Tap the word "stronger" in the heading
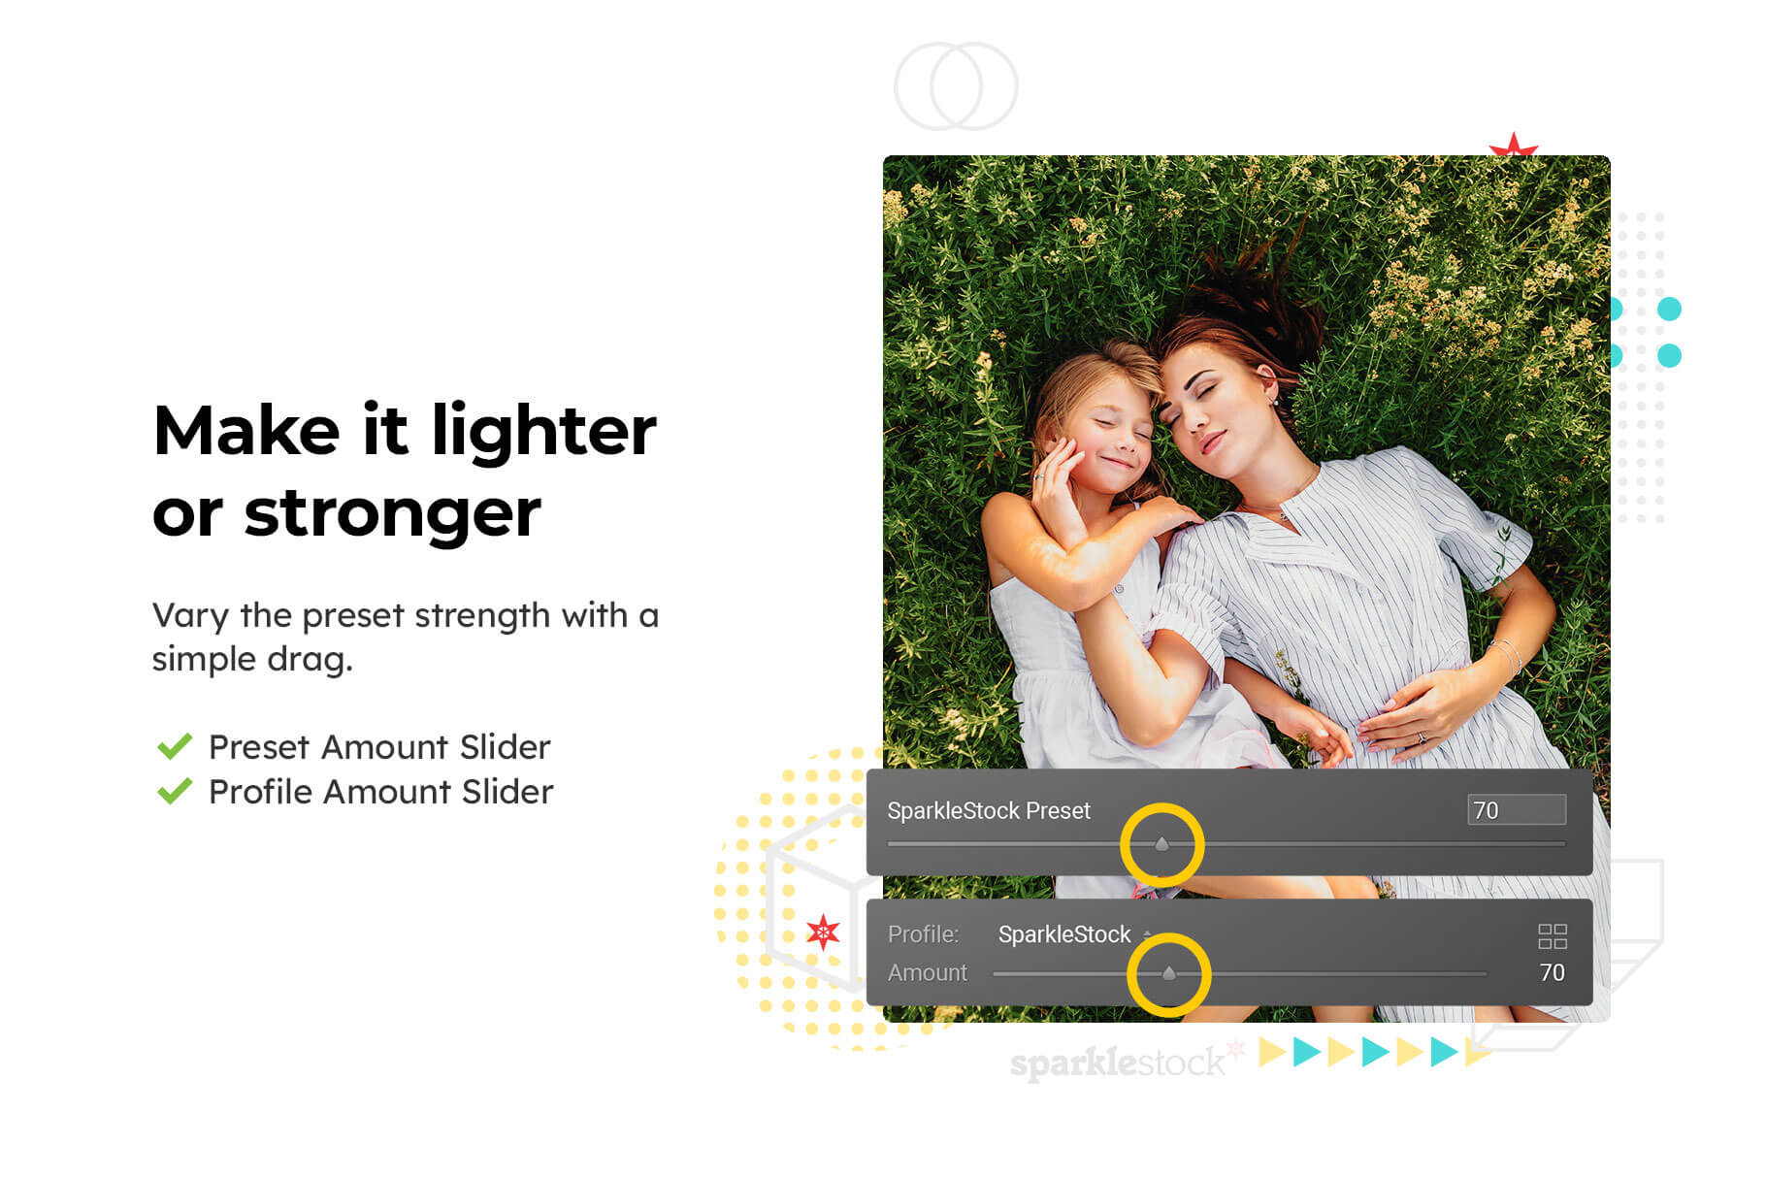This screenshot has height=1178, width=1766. (x=392, y=513)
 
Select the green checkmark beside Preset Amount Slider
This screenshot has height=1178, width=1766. (x=175, y=747)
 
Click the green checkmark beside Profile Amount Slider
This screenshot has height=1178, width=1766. (x=175, y=792)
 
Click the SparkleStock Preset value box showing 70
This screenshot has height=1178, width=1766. (x=1516, y=810)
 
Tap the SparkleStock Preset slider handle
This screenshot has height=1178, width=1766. (x=1161, y=844)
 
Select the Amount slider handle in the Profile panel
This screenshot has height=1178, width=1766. (x=1168, y=973)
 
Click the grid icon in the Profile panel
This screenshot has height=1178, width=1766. (x=1553, y=936)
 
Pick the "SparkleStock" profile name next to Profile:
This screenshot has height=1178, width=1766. (x=1064, y=934)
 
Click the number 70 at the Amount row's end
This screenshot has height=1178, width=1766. (x=1552, y=972)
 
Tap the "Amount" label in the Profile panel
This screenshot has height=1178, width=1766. (x=928, y=972)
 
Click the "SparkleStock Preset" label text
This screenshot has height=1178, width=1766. (x=989, y=810)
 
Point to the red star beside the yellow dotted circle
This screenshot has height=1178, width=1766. (x=823, y=933)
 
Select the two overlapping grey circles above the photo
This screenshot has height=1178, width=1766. (x=956, y=85)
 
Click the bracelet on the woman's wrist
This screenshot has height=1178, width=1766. (x=1507, y=653)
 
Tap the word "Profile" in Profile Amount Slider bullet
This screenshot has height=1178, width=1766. (x=260, y=792)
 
